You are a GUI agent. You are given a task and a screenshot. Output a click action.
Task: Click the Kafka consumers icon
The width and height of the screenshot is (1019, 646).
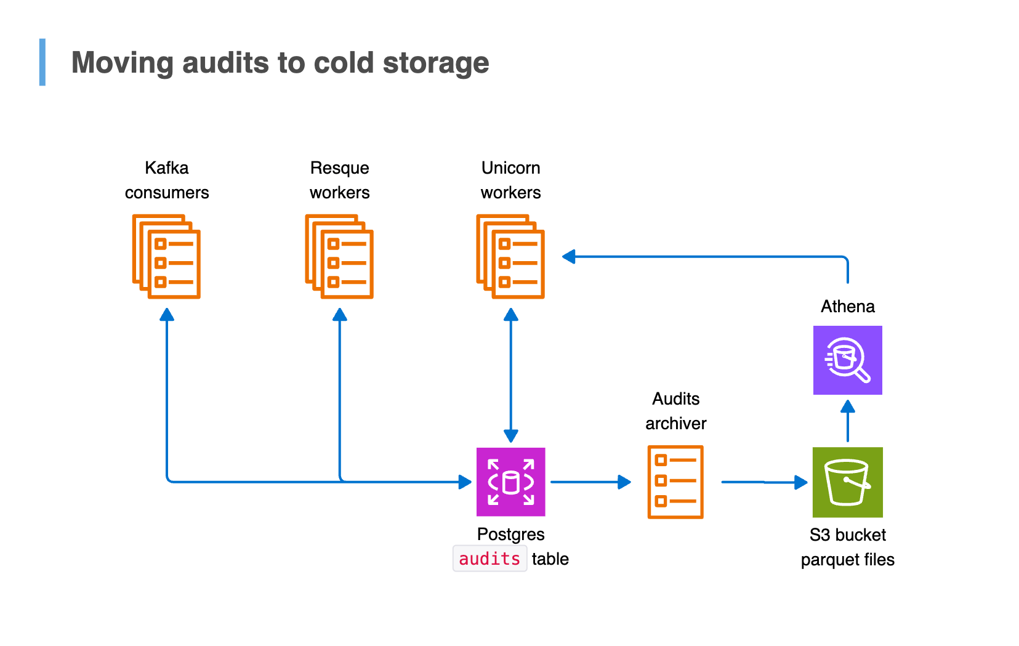(x=166, y=256)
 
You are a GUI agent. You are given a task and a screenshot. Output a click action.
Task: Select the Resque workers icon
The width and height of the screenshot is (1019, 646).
(x=339, y=256)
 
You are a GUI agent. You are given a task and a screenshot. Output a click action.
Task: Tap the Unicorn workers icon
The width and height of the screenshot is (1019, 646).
(x=510, y=256)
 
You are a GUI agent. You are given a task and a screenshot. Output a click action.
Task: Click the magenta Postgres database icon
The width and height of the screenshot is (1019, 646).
(x=510, y=482)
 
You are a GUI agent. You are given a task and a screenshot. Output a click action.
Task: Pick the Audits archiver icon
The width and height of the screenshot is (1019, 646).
(x=675, y=482)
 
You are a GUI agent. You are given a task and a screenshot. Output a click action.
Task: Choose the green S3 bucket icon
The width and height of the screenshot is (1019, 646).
(x=847, y=482)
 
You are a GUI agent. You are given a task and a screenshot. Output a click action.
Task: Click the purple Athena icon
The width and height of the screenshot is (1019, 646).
(x=847, y=360)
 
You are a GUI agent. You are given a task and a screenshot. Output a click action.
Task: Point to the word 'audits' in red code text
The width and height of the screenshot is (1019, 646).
(x=489, y=559)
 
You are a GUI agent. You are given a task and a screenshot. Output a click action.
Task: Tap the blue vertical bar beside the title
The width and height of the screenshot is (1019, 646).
(x=42, y=62)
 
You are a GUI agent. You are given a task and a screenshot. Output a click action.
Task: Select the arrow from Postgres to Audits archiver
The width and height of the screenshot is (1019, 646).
(x=590, y=482)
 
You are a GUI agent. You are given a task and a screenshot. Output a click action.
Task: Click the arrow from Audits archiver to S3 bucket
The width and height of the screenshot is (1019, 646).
(x=763, y=482)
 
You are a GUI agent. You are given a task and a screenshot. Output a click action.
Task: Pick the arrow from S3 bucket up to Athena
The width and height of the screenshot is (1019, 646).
(x=847, y=421)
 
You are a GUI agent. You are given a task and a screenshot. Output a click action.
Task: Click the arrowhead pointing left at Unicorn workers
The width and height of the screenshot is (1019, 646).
(x=569, y=257)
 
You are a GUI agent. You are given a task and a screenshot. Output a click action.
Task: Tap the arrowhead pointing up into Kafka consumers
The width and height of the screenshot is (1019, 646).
(x=167, y=315)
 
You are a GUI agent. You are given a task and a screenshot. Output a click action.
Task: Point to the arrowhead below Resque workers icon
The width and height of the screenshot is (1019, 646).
(x=340, y=315)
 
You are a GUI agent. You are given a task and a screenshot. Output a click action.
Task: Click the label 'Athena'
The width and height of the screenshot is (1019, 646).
(x=847, y=306)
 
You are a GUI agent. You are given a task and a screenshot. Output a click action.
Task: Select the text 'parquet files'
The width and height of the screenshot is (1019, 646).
(x=847, y=559)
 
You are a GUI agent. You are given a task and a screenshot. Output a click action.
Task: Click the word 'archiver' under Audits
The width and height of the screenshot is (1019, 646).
(x=675, y=423)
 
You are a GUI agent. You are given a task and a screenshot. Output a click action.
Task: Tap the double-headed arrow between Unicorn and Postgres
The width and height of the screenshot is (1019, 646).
(x=510, y=376)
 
